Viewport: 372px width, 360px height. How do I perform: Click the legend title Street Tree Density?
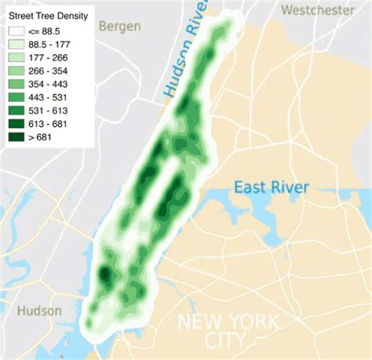pyautogui.click(x=46, y=15)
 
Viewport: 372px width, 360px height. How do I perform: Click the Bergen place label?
pyautogui.click(x=120, y=27)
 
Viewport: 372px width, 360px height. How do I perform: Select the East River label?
pyautogui.click(x=272, y=187)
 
